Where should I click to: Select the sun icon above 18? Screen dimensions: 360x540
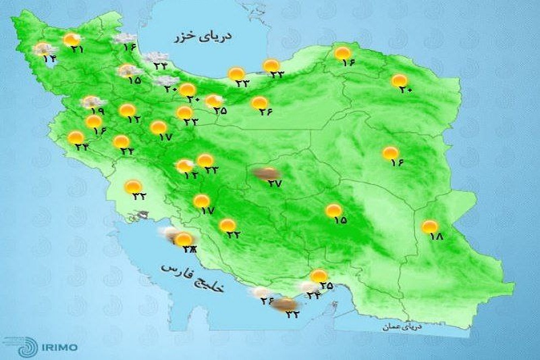(430, 227)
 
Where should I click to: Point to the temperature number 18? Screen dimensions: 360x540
(435, 237)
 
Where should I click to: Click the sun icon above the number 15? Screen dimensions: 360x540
(333, 211)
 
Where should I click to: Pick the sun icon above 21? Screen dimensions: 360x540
(71, 41)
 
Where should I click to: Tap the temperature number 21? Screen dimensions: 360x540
(76, 50)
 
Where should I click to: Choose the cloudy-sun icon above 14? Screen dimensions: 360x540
(44, 49)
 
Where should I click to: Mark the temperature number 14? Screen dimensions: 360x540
(49, 59)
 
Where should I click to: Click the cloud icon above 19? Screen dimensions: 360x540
(90, 102)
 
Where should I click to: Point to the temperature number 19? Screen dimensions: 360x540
(96, 112)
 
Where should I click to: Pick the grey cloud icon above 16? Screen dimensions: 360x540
(124, 38)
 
